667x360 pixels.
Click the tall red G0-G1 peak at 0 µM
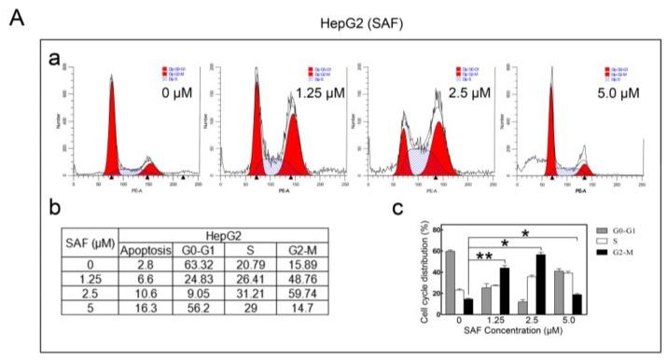click(111, 131)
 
